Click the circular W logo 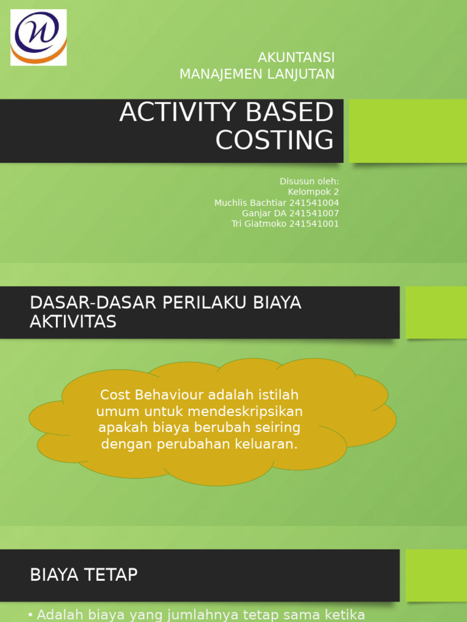pyautogui.click(x=38, y=37)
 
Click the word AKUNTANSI pyautogui.click(x=296, y=58)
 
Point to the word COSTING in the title pyautogui.click(x=274, y=140)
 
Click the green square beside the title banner pyautogui.click(x=407, y=131)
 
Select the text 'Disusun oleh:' pyautogui.click(x=309, y=182)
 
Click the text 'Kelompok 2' pyautogui.click(x=313, y=192)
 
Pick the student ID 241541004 pyautogui.click(x=314, y=203)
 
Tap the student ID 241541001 pyautogui.click(x=314, y=224)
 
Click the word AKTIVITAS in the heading pyautogui.click(x=73, y=322)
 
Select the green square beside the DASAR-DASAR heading pyautogui.click(x=436, y=312)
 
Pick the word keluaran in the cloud pyautogui.click(x=268, y=444)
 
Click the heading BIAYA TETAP pyautogui.click(x=84, y=575)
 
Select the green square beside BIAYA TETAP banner pyautogui.click(x=436, y=575)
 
